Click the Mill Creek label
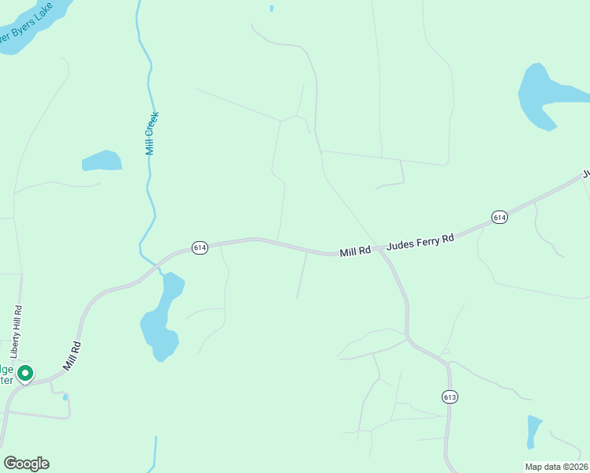point(154,132)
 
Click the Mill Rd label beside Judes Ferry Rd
point(355,251)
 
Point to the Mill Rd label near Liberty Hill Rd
point(72,356)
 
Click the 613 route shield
point(450,396)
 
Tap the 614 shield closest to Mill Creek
point(200,248)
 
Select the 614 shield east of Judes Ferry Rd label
point(499,217)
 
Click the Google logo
point(26,464)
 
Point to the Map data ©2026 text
point(555,467)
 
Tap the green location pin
point(25,372)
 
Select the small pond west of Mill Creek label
point(102,161)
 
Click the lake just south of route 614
point(162,319)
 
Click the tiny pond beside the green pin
point(65,397)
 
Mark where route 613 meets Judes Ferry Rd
point(382,251)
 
